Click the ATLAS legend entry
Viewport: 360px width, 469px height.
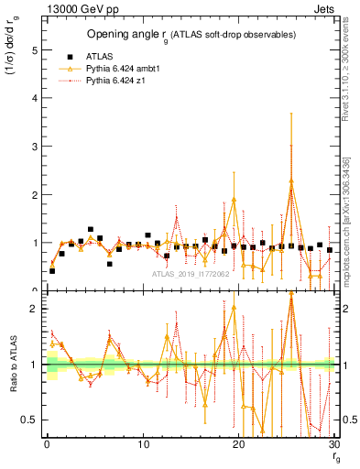click(97, 56)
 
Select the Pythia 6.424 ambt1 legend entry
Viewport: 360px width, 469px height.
click(122, 69)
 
